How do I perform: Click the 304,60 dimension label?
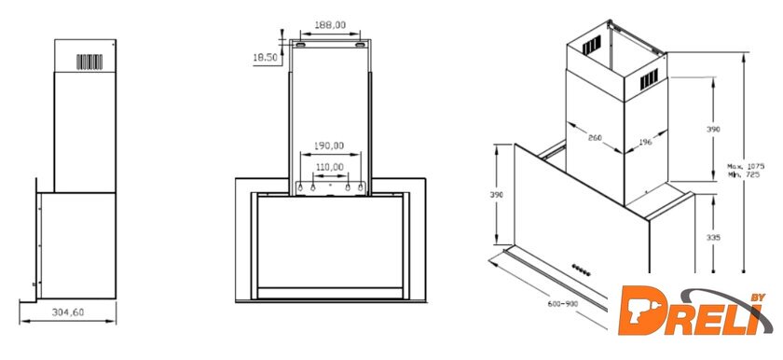(x=68, y=312)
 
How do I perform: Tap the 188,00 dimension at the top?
(x=330, y=24)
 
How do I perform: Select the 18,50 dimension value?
(x=265, y=58)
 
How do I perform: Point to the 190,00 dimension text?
(x=329, y=145)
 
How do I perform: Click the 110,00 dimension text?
(x=329, y=167)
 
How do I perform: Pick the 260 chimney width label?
(x=595, y=137)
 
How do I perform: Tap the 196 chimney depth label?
(x=645, y=143)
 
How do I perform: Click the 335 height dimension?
(x=714, y=238)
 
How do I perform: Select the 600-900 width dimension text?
(x=563, y=304)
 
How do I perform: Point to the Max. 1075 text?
(x=746, y=166)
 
